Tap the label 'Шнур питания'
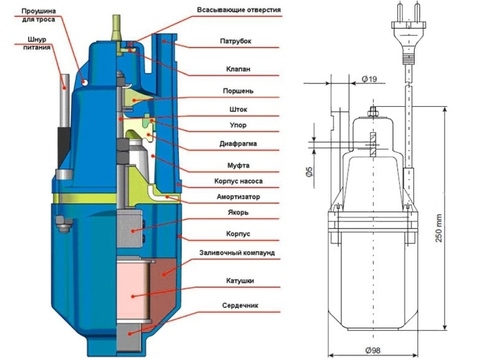pyautogui.click(x=37, y=44)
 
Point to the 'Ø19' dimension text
pyautogui.click(x=370, y=79)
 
